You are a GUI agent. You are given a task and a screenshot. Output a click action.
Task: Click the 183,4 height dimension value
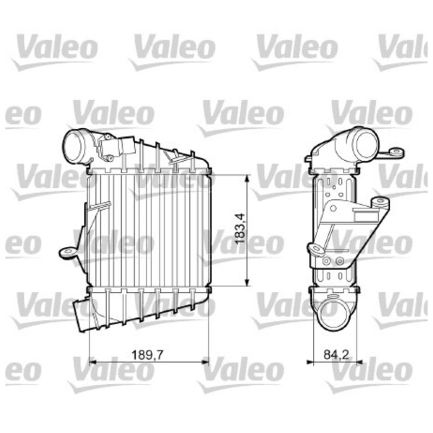coord(241,229)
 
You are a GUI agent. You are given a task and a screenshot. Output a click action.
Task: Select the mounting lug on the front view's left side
coord(68,252)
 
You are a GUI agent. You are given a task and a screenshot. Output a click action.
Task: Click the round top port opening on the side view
coord(365,145)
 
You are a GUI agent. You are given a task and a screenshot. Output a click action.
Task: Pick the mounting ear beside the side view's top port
coord(396,153)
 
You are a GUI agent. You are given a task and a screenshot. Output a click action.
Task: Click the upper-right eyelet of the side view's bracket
coord(381,203)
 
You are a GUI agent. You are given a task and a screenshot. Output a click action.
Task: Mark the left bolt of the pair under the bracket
coord(327,261)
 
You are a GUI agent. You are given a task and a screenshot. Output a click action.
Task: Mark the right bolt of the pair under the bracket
coord(339,261)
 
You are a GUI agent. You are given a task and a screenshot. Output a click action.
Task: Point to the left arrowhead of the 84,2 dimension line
coord(310,361)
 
